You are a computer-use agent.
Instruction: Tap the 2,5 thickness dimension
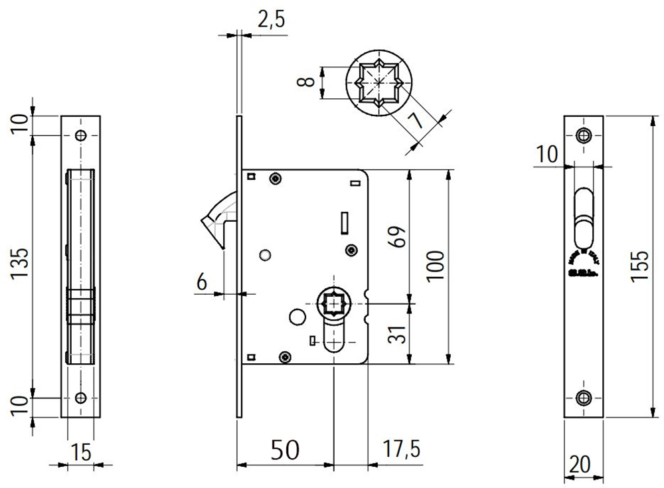[x=270, y=21]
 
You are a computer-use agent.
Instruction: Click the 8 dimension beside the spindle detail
[x=305, y=82]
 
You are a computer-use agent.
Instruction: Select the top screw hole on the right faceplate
[x=584, y=135]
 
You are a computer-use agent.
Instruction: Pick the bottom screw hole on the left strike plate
[x=81, y=398]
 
